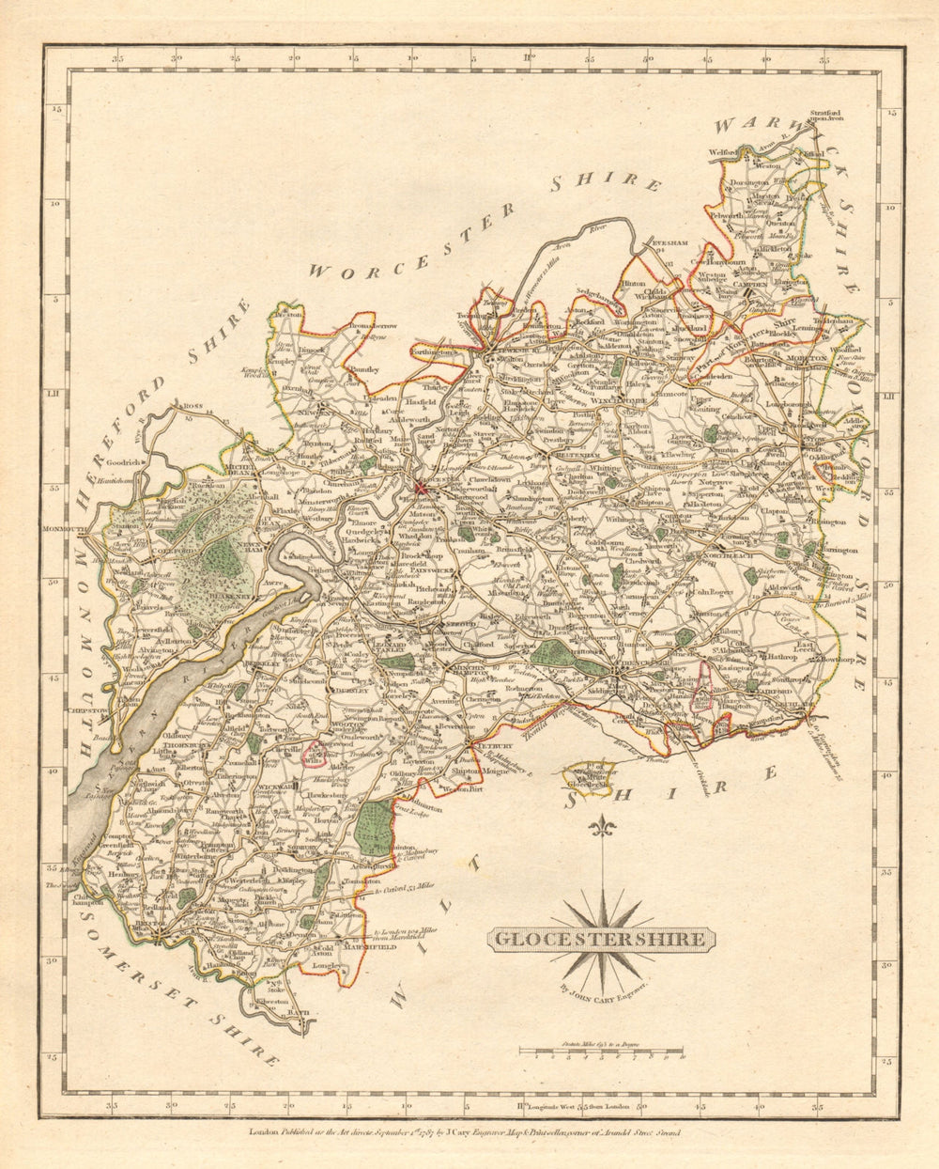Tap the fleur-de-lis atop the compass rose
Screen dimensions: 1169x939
(x=602, y=828)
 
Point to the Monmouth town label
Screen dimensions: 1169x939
(x=64, y=530)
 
